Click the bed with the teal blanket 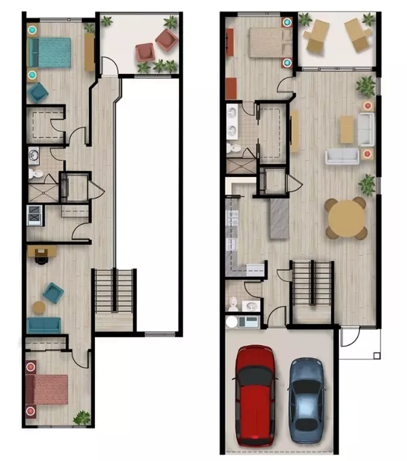tap(50, 53)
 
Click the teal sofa tap(43, 325)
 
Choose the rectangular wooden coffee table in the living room tap(347, 129)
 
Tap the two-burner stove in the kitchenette tap(34, 216)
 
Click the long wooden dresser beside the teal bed tap(90, 52)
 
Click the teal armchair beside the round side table tap(53, 293)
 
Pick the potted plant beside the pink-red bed tap(81, 418)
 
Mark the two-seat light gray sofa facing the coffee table tap(341, 157)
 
